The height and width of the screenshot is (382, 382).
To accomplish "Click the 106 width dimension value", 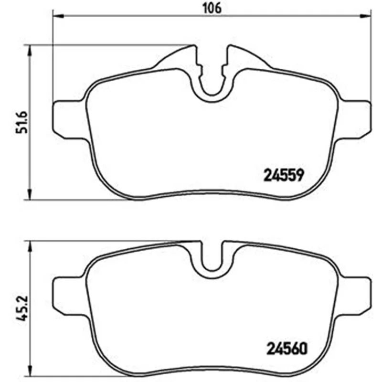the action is (212, 8).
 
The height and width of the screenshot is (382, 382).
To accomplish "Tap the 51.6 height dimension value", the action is (21, 122).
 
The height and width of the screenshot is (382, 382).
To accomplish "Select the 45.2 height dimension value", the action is (21, 308).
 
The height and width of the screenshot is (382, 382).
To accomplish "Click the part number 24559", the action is (284, 175).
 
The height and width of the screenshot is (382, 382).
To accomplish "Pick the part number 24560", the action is (287, 349).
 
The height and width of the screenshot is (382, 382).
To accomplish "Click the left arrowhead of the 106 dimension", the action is (58, 16).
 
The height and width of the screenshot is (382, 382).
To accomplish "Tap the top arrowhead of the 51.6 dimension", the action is (30, 51).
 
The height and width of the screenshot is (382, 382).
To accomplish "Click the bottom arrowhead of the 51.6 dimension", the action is (30, 194).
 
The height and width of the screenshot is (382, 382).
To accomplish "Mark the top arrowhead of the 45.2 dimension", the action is (30, 246).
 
